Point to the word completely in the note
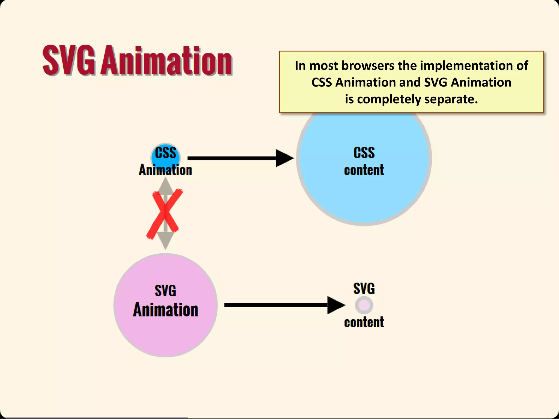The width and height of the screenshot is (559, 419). point(389,99)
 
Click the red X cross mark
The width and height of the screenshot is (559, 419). point(165,213)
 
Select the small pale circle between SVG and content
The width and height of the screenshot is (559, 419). point(364,305)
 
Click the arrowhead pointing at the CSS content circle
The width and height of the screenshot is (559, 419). point(284,158)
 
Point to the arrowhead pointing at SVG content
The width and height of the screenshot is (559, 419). point(335,305)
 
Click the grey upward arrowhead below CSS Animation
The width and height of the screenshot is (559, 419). point(165,186)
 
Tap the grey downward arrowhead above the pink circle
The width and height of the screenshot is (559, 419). point(165,240)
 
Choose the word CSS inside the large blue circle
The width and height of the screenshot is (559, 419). point(364,152)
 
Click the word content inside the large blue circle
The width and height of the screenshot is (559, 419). point(364,170)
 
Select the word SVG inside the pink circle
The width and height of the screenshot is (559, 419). point(165,291)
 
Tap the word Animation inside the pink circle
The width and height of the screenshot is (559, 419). point(165,310)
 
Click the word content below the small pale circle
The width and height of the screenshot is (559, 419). point(364,322)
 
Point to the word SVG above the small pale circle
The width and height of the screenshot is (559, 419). point(364,289)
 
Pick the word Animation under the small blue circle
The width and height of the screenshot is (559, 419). point(165,170)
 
